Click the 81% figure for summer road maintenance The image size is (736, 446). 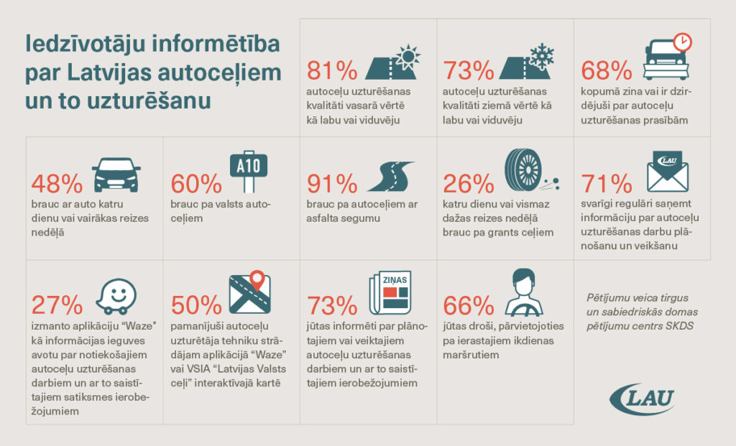click(x=332, y=70)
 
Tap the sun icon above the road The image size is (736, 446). click(x=408, y=55)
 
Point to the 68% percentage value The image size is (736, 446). click(x=606, y=70)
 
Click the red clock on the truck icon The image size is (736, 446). click(x=682, y=42)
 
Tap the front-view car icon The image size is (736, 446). click(x=116, y=175)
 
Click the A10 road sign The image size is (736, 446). click(x=249, y=166)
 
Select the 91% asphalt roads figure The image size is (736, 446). click(x=331, y=184)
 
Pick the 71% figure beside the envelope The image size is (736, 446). click(x=607, y=184)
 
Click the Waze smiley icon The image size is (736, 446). click(x=116, y=296)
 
